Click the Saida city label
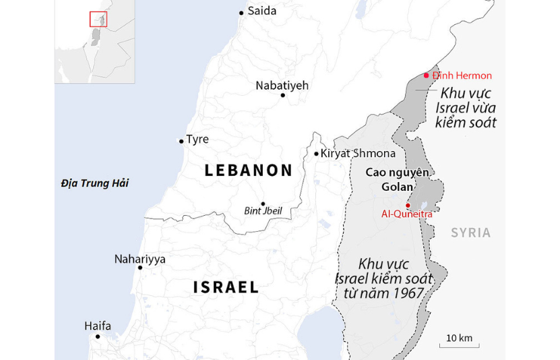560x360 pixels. point(261,11)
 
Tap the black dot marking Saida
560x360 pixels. point(241,12)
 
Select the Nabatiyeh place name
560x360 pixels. point(282,85)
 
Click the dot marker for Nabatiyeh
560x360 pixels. point(282,96)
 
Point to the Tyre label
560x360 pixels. point(197,140)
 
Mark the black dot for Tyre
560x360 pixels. point(181,142)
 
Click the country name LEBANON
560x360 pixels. point(249,171)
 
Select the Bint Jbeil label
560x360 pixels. point(263,211)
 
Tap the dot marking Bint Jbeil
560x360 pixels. point(263,204)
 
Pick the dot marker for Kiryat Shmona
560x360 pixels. point(316,154)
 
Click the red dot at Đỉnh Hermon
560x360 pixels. point(426,76)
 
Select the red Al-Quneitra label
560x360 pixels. point(407,214)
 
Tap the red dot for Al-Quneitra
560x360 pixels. point(408,205)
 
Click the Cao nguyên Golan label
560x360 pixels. point(397,179)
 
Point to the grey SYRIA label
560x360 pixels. point(470,233)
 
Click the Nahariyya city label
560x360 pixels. point(139,259)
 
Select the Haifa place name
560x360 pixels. point(98,326)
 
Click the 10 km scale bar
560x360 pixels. point(459,344)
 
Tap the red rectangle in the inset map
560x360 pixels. point(98,20)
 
